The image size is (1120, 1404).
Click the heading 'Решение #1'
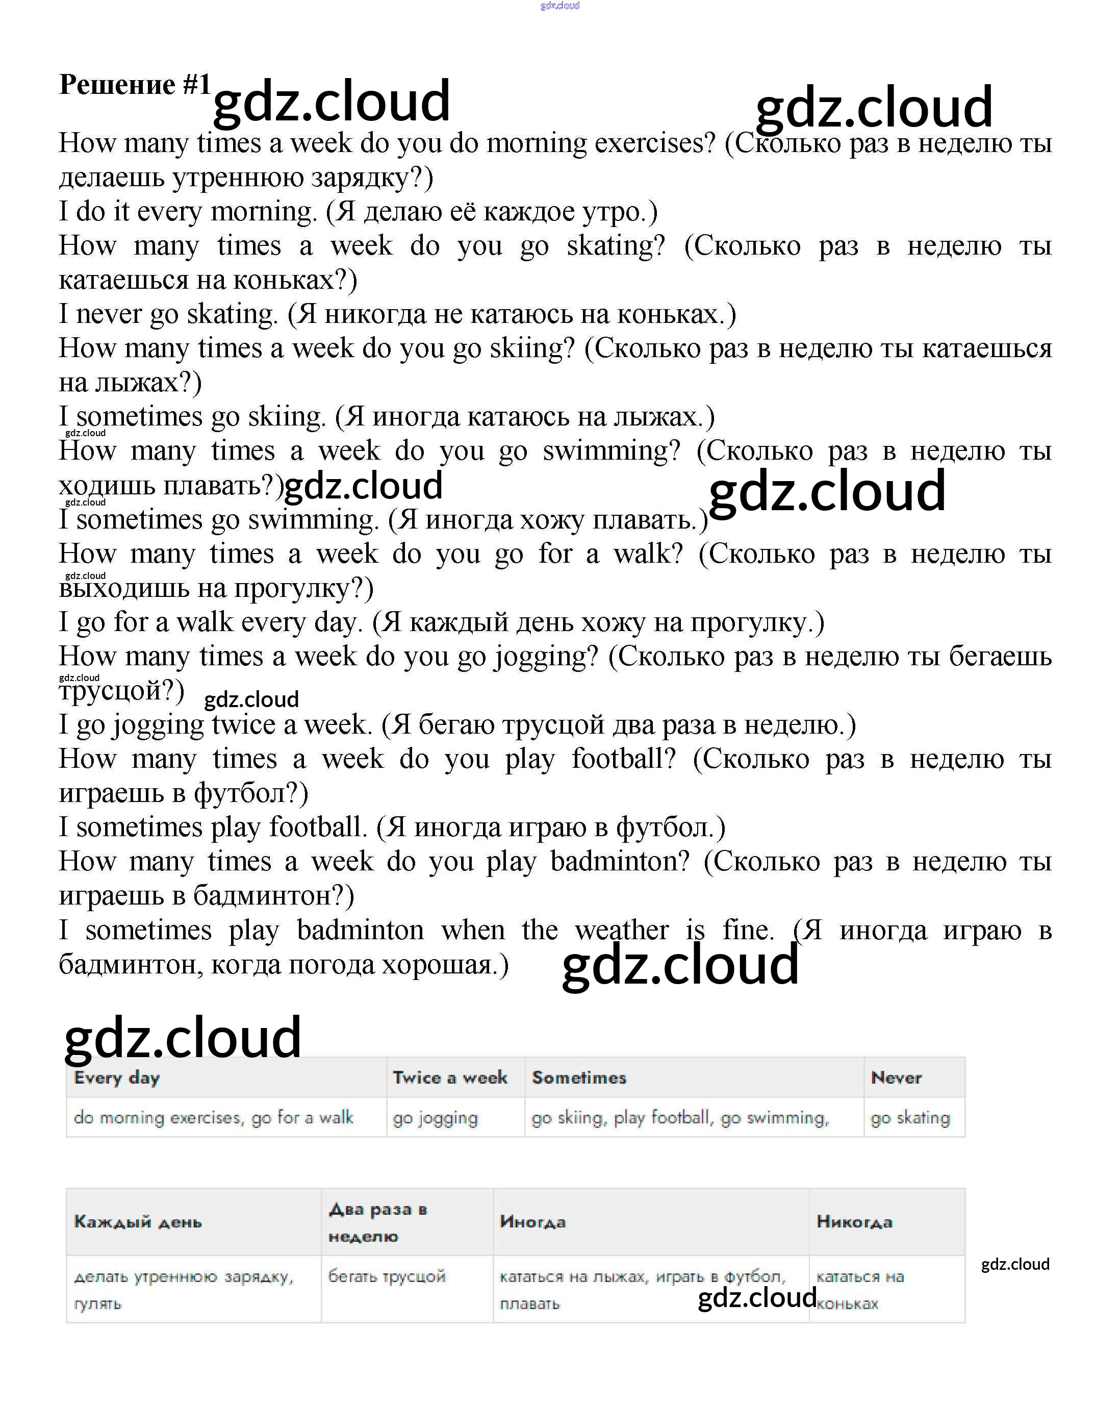[x=134, y=85]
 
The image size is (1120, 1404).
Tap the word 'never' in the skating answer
[x=108, y=314]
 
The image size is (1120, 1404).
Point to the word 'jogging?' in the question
[x=546, y=657]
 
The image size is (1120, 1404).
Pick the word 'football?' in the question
[x=624, y=759]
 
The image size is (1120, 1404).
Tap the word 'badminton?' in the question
[x=619, y=862]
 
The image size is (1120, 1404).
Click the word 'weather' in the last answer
[x=621, y=930]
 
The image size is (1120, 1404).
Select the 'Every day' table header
[x=117, y=1078]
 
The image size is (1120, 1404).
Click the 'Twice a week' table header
[x=449, y=1078]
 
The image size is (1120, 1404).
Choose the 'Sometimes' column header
[x=579, y=1078]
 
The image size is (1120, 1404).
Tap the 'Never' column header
[x=896, y=1078]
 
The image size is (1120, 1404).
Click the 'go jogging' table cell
[x=435, y=1118]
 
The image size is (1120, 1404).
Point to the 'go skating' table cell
[x=910, y=1118]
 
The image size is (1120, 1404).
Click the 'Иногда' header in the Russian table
[x=532, y=1222]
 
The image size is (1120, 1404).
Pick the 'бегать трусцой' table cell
[x=387, y=1276]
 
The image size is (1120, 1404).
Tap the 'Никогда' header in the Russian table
[x=854, y=1222]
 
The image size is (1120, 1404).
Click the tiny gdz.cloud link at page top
[x=559, y=6]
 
